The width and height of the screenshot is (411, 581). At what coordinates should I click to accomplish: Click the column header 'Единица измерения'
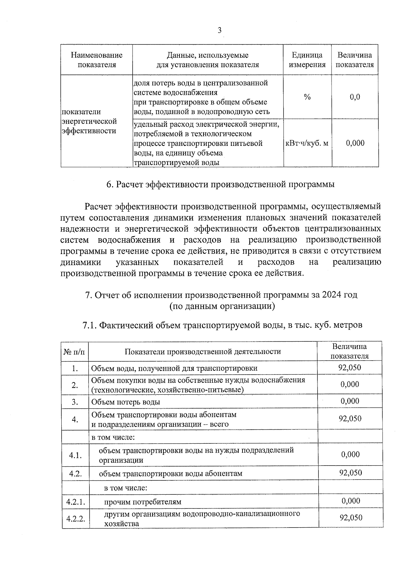click(307, 60)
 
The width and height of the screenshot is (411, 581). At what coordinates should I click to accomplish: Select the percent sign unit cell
click(307, 97)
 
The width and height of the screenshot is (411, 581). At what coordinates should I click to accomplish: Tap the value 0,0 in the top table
click(355, 97)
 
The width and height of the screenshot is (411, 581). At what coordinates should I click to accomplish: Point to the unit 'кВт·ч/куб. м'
click(307, 143)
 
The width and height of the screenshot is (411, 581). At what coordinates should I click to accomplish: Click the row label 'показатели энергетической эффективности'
click(89, 121)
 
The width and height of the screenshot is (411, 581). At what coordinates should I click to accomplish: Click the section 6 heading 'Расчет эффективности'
click(220, 185)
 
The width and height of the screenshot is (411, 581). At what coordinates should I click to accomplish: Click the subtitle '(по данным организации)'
click(222, 306)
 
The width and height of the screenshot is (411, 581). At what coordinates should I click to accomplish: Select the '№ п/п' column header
click(75, 352)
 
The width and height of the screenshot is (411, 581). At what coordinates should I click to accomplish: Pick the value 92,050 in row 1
click(350, 368)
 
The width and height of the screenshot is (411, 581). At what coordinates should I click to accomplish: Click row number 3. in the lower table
click(75, 402)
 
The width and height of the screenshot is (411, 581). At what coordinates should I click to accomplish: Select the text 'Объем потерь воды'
click(125, 402)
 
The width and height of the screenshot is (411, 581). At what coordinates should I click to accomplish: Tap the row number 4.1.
click(75, 455)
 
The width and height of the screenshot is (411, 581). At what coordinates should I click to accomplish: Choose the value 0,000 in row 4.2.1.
click(351, 501)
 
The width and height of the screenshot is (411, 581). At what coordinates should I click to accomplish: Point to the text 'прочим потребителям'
click(142, 502)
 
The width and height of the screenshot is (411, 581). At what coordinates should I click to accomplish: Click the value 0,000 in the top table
click(355, 143)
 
